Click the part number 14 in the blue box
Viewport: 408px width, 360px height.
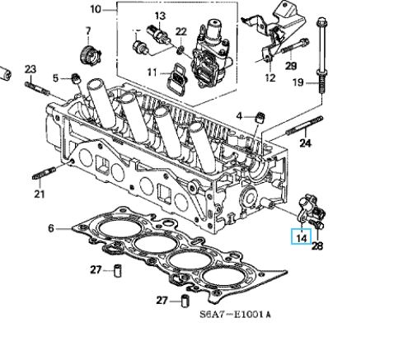302,237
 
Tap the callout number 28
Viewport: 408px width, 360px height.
317,246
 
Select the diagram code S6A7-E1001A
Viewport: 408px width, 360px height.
235,314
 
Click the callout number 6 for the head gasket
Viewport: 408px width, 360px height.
51,228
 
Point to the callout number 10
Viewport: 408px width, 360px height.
96,10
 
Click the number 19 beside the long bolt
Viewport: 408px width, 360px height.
298,82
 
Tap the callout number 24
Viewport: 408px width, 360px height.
306,143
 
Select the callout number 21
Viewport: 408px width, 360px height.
40,194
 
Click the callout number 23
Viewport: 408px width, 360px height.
30,69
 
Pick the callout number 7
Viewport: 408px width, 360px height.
88,30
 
